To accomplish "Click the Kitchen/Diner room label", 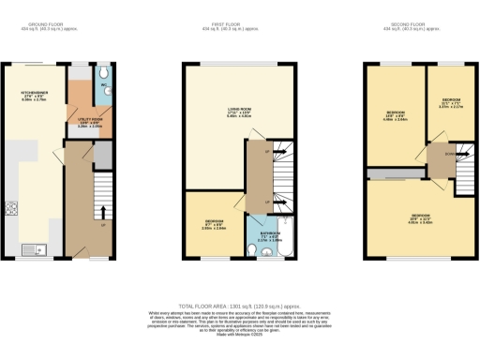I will coord(34,97).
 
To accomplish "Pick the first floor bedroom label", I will coord(215,225).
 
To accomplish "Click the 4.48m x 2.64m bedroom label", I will coord(394,117).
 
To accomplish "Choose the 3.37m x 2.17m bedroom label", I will coord(451,102).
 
